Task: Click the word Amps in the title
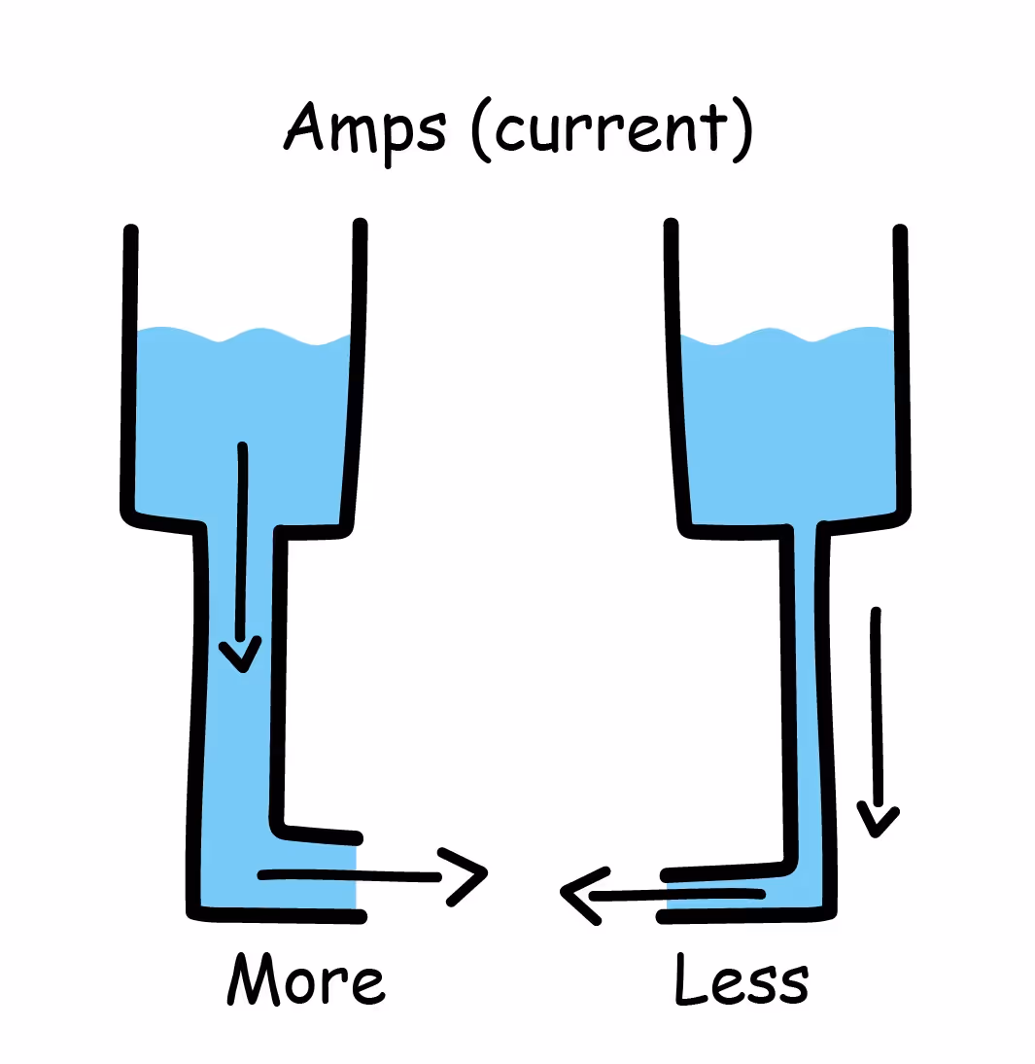pyautogui.click(x=364, y=130)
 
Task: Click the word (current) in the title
pyautogui.click(x=613, y=130)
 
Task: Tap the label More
pyautogui.click(x=303, y=979)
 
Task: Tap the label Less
pyautogui.click(x=741, y=980)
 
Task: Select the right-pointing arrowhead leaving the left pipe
pyautogui.click(x=465, y=875)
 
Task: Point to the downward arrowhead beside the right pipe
pyautogui.click(x=878, y=819)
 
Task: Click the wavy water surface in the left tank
pyautogui.click(x=243, y=337)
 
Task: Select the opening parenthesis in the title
pyautogui.click(x=483, y=132)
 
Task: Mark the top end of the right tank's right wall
pyautogui.click(x=900, y=232)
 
